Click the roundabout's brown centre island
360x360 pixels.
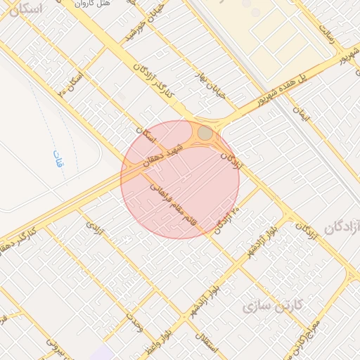205,133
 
